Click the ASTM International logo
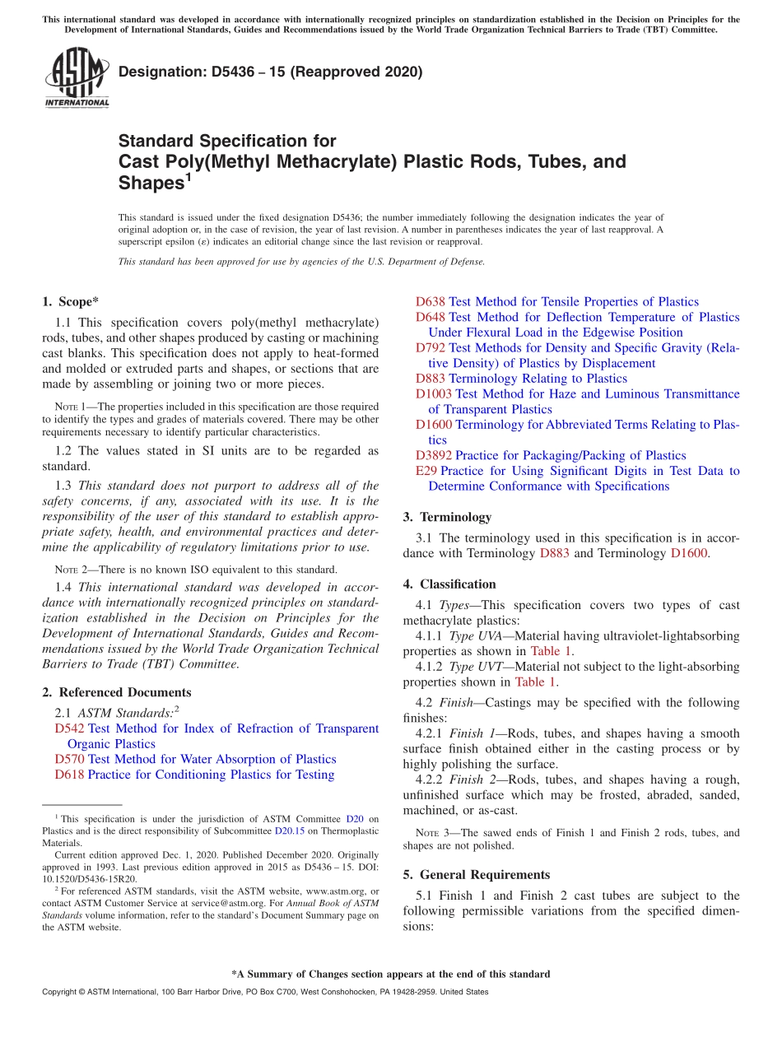point(77,77)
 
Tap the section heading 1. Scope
point(71,301)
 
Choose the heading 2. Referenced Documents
point(117,692)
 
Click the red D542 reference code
point(69,728)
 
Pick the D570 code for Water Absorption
point(69,759)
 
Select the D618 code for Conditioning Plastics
point(69,775)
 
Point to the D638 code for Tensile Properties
point(431,302)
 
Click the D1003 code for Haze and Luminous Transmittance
point(434,394)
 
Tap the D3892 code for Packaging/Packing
point(434,455)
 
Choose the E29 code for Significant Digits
point(426,471)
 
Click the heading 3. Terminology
point(448,517)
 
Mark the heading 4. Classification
point(449,584)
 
